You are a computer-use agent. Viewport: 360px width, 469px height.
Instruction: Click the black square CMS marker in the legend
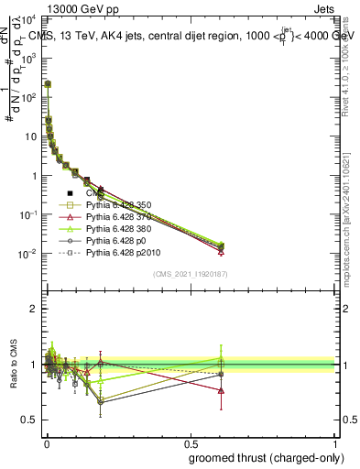click(71, 193)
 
